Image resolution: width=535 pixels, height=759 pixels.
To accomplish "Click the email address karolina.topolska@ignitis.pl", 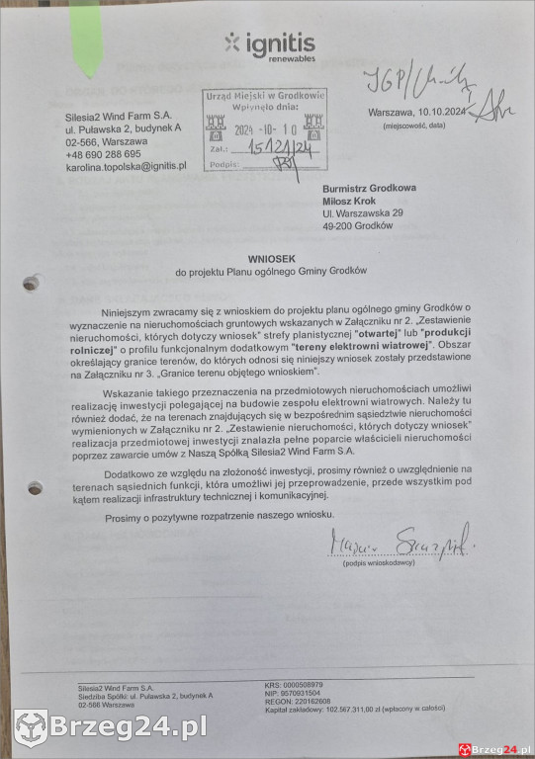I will tap(126, 167).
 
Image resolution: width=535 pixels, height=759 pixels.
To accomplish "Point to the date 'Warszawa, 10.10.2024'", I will tap(414, 113).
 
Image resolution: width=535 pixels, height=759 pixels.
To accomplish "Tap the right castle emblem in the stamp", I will tap(313, 126).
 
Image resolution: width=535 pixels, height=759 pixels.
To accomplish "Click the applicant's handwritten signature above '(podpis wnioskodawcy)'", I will tap(401, 543).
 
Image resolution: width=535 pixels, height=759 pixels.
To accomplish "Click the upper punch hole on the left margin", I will tap(31, 284).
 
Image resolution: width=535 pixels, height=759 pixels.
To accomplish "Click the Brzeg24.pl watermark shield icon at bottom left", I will tap(31, 728).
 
